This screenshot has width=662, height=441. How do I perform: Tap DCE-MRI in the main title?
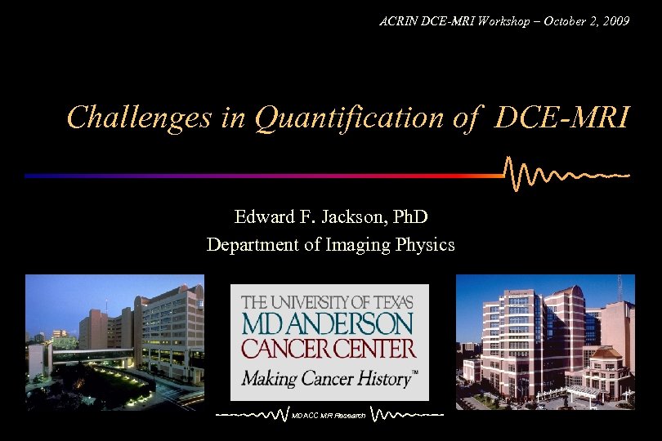561,118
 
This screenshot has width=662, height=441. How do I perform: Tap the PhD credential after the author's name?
409,217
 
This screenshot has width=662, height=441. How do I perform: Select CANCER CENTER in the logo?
328,349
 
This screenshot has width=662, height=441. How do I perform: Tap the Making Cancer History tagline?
326,378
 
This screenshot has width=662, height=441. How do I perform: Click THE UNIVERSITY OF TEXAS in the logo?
333,301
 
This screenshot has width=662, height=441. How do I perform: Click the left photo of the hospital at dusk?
114,341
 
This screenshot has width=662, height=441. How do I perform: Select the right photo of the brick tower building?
544,341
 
